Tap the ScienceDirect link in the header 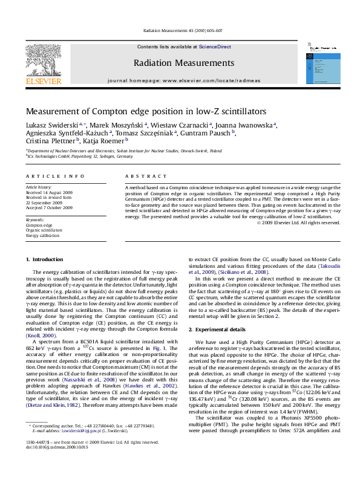[x=215, y=47]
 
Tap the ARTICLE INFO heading [x=55, y=176]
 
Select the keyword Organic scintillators [x=44, y=230]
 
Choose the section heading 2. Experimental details [x=220, y=329]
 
